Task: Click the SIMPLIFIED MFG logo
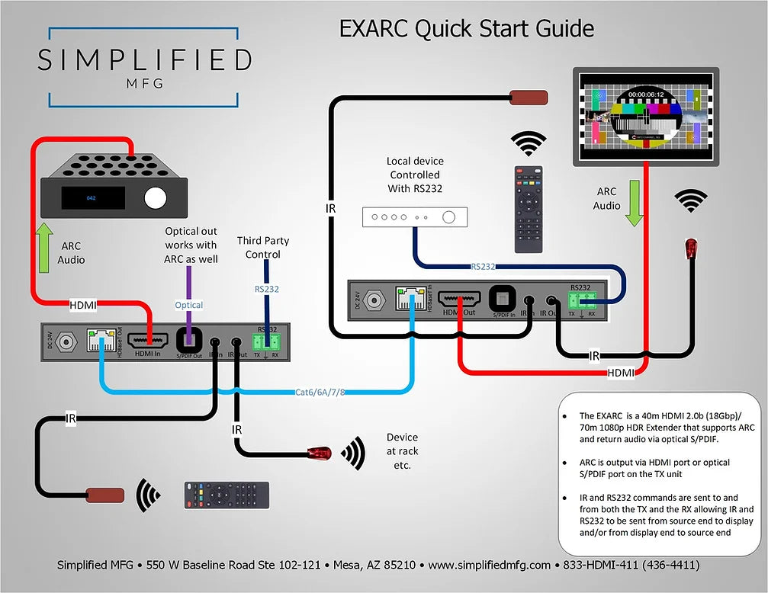(x=144, y=67)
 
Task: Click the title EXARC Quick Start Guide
(x=466, y=28)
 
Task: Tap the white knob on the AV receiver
(x=155, y=198)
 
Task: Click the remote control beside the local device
(x=528, y=209)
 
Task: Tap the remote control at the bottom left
(x=227, y=495)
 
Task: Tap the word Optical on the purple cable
(x=188, y=305)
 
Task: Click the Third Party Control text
(x=263, y=247)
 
